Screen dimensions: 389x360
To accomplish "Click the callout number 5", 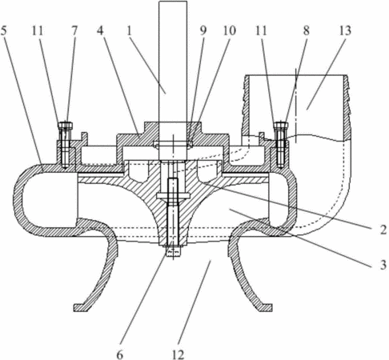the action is click(4, 31).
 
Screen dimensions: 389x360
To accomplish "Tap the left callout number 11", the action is click(38, 31).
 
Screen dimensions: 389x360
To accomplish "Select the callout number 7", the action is click(74, 31).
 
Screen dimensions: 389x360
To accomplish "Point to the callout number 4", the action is click(100, 31).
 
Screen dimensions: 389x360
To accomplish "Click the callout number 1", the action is click(130, 31).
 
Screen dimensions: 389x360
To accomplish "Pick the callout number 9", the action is click(203, 31).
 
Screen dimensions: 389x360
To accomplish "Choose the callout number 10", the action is click(230, 31).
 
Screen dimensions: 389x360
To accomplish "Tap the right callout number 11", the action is click(261, 31).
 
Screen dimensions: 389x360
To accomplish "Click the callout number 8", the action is click(307, 31).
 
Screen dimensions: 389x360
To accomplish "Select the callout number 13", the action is click(345, 31).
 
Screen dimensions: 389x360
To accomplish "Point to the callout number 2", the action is click(383, 230).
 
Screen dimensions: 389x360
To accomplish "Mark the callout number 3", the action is click(383, 265).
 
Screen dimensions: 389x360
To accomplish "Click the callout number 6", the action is click(120, 354).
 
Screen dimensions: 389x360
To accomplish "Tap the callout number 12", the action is click(178, 354).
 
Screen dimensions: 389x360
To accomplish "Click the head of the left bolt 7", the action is click(65, 125).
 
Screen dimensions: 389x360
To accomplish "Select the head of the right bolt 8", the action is click(281, 125).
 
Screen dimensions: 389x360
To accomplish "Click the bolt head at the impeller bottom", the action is click(173, 251).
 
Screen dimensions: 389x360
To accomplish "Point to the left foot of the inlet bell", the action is click(81, 307).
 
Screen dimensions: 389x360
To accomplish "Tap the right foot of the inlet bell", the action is click(265, 307).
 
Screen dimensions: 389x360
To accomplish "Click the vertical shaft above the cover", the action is click(173, 62).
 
